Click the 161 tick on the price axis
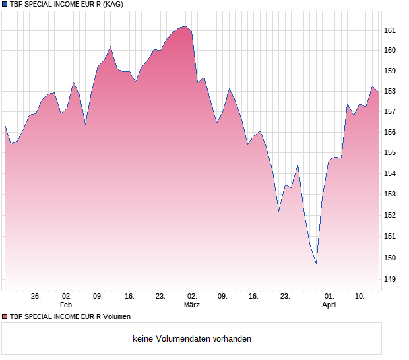389,30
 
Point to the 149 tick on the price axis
389,279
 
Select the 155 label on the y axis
389,153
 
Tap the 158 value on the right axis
389,91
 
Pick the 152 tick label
389,215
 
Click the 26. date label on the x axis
36,297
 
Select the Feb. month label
67,305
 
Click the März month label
192,305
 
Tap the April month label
329,305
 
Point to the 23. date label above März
160,297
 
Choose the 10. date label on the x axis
360,297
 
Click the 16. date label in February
129,297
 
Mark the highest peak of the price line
185,26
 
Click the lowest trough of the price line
316,264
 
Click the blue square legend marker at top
5,4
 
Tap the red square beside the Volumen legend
5,316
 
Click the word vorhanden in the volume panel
232,338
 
